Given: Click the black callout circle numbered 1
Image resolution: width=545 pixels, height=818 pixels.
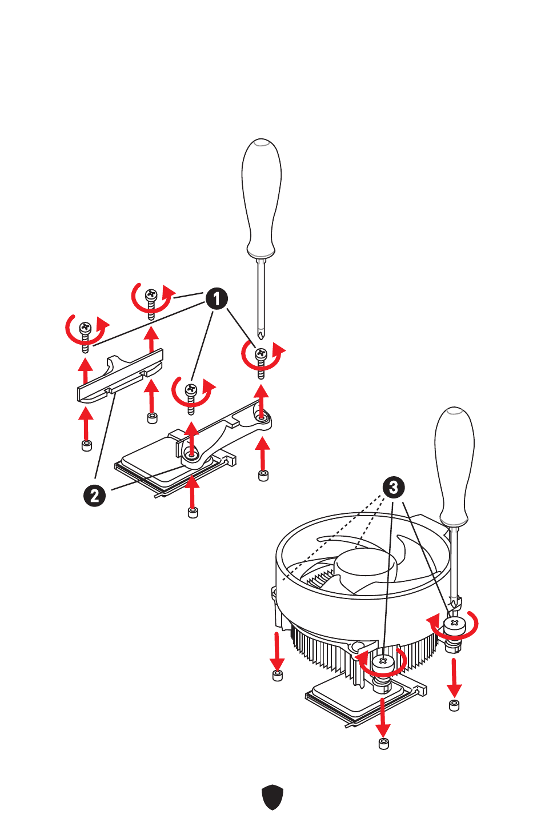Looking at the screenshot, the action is click(x=217, y=299).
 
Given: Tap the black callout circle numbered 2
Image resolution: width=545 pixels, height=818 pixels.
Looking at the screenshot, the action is click(x=94, y=496).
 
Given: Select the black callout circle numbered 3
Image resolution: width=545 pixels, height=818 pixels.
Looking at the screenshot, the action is click(x=393, y=487).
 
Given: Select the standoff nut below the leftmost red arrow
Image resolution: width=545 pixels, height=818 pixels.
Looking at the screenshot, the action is click(x=86, y=445).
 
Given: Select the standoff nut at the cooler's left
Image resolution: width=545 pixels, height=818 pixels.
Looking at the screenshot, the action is click(x=278, y=675).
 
